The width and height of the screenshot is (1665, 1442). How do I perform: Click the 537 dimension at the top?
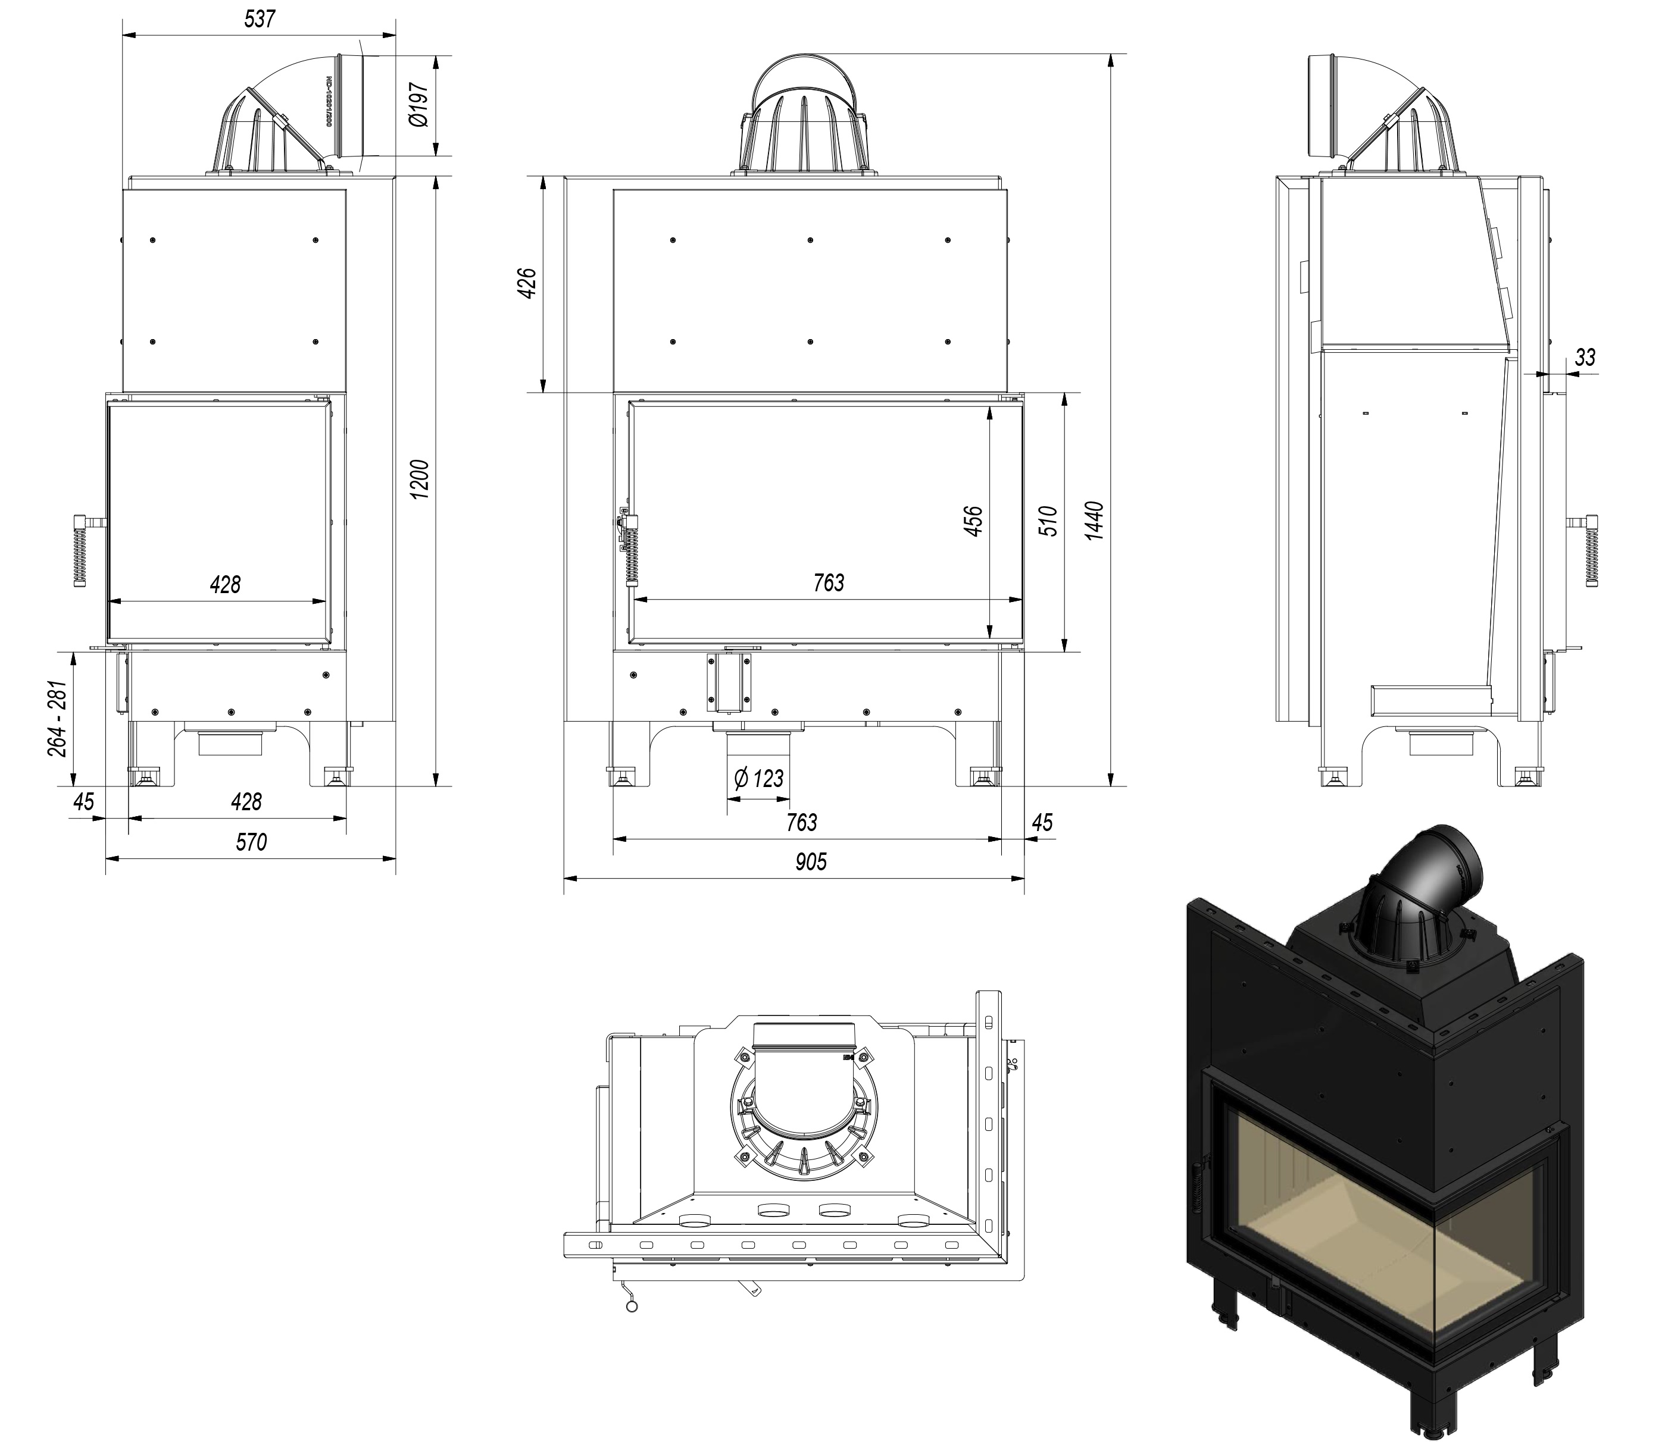point(260,19)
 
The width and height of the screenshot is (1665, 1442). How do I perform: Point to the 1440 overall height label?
point(1094,520)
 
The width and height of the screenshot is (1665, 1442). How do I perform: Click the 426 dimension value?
point(527,284)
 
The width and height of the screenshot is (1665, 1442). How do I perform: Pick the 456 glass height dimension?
point(973,521)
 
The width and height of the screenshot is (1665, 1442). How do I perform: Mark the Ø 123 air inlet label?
point(758,778)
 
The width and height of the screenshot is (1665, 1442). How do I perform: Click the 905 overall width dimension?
point(811,862)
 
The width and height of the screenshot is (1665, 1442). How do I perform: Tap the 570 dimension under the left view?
point(251,842)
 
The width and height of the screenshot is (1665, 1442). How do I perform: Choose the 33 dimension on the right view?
point(1585,358)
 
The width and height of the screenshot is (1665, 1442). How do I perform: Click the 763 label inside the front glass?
point(829,582)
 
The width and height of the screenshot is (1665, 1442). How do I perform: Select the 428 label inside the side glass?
point(226,584)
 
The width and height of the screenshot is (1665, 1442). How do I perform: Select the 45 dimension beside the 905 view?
point(1042,822)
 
